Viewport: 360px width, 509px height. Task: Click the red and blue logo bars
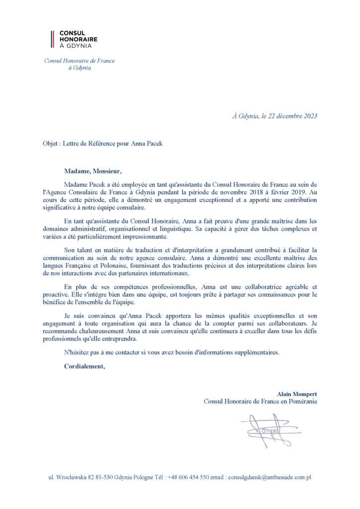click(52, 39)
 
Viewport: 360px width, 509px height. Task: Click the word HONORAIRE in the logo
click(78, 39)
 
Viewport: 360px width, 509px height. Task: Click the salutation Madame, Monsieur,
click(92, 171)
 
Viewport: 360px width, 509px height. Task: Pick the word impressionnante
click(144, 238)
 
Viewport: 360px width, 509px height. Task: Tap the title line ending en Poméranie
click(260, 401)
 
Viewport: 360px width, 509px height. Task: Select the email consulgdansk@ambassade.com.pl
click(269, 477)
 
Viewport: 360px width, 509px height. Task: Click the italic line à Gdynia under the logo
click(80, 68)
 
